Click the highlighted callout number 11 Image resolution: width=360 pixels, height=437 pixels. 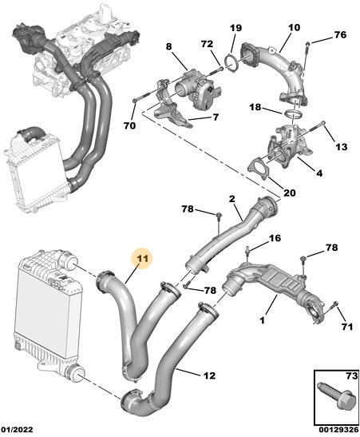[x=143, y=259]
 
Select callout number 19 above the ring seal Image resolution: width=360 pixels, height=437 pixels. [x=235, y=28]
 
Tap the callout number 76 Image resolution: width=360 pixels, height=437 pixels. [x=340, y=35]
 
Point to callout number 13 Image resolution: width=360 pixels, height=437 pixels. [x=342, y=146]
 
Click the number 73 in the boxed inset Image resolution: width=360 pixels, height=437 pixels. [x=352, y=376]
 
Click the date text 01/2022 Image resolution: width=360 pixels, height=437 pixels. [x=17, y=430]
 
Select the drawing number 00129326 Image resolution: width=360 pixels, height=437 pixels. [x=338, y=430]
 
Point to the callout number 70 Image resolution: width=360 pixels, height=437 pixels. [x=130, y=125]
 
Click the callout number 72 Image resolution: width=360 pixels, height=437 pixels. [x=207, y=44]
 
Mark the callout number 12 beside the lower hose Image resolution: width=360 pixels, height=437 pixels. [x=209, y=375]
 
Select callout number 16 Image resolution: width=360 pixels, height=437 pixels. [x=275, y=238]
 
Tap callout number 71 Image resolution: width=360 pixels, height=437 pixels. [x=346, y=327]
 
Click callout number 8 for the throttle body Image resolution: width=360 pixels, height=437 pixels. [x=169, y=46]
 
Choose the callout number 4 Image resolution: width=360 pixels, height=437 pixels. [x=319, y=173]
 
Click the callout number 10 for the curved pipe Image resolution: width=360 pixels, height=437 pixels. [x=294, y=28]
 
